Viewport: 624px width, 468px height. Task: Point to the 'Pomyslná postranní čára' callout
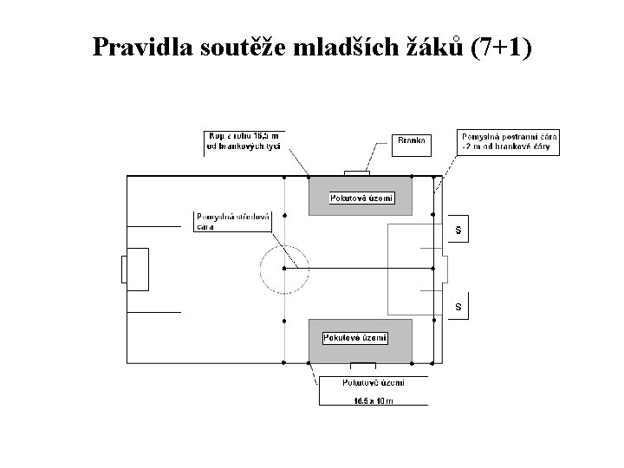point(509,142)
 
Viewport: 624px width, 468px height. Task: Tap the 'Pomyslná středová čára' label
point(233,221)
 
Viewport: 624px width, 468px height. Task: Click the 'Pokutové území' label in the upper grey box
point(362,198)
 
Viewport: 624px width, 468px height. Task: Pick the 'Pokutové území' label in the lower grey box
point(355,337)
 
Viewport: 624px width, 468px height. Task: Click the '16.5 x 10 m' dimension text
point(373,400)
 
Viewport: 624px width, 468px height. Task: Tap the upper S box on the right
point(458,230)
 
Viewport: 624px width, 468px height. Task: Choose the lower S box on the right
point(458,307)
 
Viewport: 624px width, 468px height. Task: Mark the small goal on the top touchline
point(356,172)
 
